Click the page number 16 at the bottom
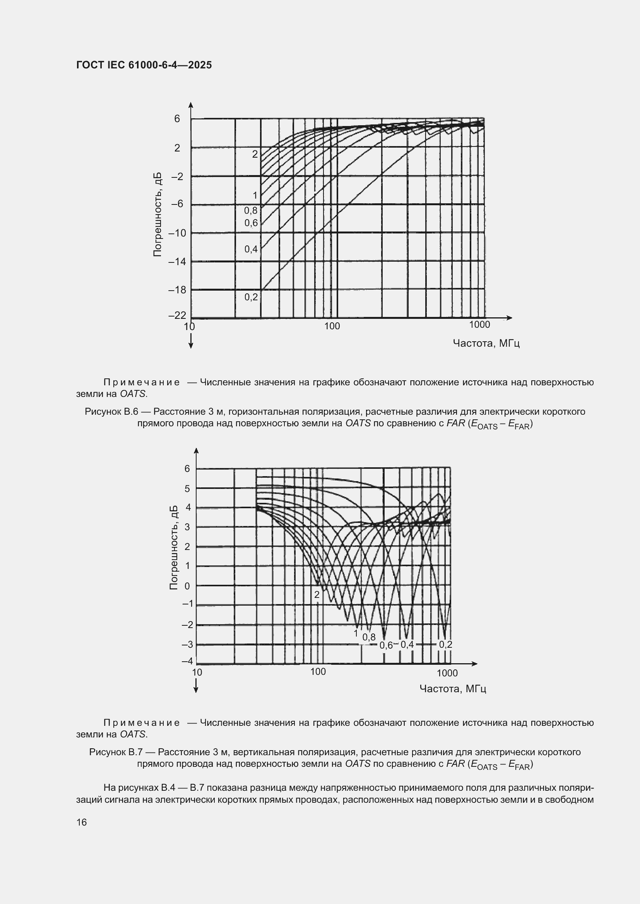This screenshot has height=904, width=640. [82, 822]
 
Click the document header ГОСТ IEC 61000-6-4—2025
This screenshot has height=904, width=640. [144, 65]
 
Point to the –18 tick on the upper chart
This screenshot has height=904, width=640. [177, 290]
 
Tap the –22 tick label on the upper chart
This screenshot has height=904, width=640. [177, 315]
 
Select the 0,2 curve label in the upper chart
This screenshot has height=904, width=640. [251, 297]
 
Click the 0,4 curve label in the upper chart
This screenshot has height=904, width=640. [251, 249]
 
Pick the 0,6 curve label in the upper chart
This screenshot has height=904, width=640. [251, 223]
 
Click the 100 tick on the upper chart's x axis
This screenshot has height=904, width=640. [332, 326]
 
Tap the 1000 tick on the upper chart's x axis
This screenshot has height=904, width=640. [479, 325]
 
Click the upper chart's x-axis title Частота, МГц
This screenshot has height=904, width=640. [486, 343]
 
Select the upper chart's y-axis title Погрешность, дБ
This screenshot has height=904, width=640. [157, 215]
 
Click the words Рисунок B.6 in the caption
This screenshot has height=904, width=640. [111, 412]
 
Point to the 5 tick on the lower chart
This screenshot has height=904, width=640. [187, 489]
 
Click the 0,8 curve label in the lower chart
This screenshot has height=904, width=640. [369, 637]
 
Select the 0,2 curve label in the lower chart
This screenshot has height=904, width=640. [445, 645]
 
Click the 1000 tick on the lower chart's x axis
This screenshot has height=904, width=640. [447, 673]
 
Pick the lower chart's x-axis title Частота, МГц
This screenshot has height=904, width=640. [453, 689]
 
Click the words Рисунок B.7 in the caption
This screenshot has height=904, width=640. [115, 752]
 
